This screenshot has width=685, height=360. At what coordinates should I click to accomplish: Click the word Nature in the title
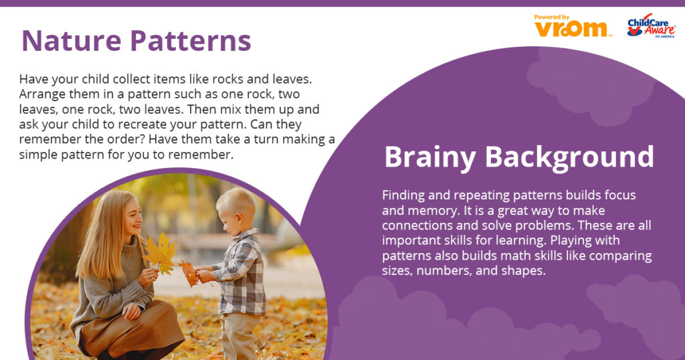[x=71, y=41]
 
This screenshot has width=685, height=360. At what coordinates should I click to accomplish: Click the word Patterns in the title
[x=191, y=41]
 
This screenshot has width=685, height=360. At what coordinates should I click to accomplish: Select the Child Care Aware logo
[x=651, y=25]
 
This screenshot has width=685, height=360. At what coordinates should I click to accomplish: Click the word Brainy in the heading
[x=430, y=157]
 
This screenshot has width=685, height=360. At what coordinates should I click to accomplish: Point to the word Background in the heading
[x=569, y=157]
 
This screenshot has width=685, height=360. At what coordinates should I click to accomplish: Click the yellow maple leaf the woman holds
[x=161, y=254]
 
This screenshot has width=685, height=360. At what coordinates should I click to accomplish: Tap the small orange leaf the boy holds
[x=189, y=272]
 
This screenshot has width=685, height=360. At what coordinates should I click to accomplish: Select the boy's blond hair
[x=236, y=203]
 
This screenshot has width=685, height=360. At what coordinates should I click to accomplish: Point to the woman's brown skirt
[x=131, y=329]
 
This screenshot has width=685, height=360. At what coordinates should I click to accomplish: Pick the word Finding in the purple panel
[x=402, y=195]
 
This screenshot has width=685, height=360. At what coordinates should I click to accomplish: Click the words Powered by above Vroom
[x=552, y=17]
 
